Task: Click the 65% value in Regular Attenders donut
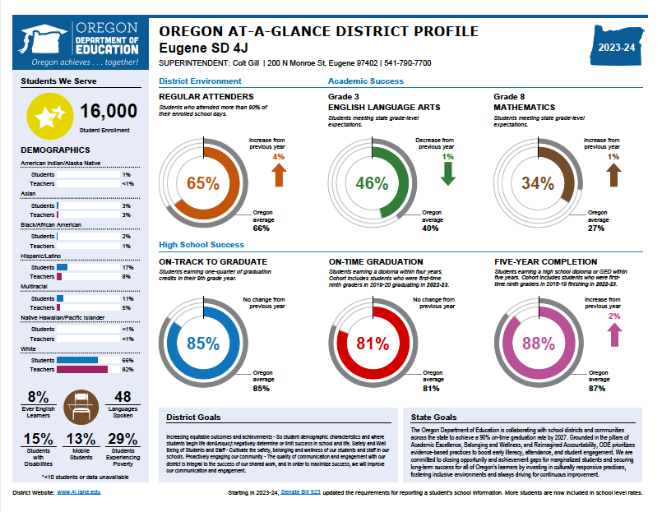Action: [203, 183]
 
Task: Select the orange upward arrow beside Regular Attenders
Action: [278, 174]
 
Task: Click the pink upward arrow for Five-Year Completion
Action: [613, 334]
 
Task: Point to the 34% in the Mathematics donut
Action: [538, 183]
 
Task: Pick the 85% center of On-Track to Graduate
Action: [203, 344]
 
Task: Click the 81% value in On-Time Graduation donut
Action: [372, 344]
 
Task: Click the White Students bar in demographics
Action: [77, 360]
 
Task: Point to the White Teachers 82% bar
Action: [82, 370]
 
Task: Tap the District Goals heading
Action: [193, 417]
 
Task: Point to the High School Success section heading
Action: [201, 244]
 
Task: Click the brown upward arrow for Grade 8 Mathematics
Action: [613, 174]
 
